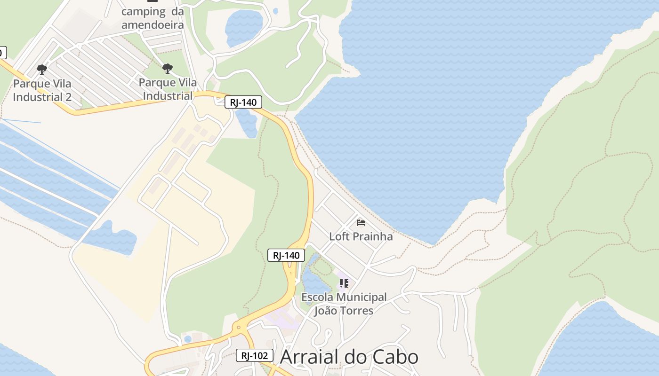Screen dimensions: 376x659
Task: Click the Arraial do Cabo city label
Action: click(349, 357)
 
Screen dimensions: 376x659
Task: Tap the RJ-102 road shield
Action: click(254, 355)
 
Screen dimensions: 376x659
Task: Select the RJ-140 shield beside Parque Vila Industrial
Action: click(243, 102)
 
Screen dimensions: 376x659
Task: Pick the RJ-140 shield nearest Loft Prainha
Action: click(286, 255)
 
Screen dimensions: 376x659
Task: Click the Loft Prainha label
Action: click(361, 236)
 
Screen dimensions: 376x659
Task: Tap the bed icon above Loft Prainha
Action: click(361, 222)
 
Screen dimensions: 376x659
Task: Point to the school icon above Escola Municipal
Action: click(344, 283)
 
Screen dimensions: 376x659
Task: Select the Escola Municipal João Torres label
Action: click(344, 304)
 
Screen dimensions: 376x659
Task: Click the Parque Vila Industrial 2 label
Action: click(42, 90)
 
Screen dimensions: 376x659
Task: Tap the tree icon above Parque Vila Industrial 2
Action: click(42, 70)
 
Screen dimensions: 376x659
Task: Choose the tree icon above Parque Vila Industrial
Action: click(168, 69)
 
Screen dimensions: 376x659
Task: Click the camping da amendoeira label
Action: click(152, 18)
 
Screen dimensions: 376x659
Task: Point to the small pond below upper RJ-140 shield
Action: click(247, 123)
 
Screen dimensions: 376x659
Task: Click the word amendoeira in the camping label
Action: click(152, 24)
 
